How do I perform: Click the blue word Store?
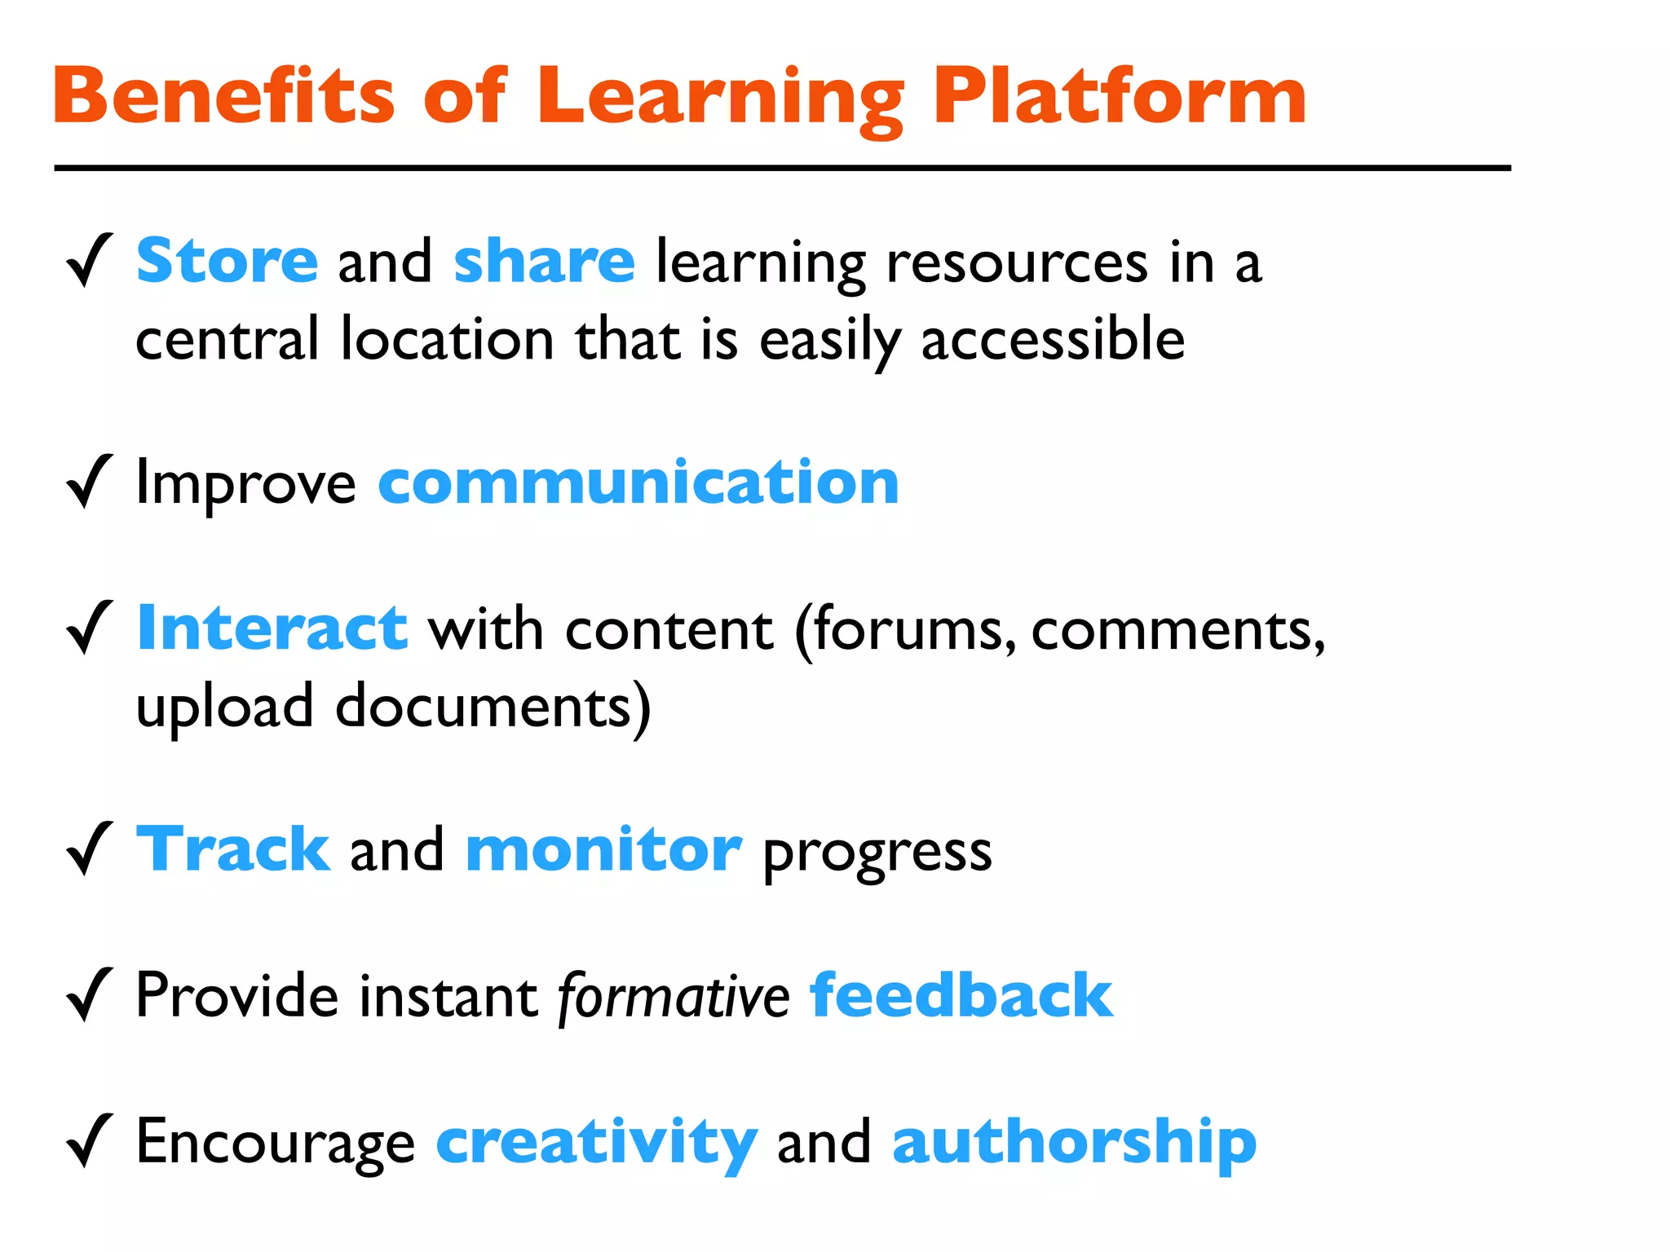(227, 262)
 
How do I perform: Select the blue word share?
(544, 262)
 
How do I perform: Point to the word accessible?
(1053, 339)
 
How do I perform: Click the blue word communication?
(638, 483)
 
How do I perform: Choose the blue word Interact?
(272, 628)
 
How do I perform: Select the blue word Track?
(233, 849)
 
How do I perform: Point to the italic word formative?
(674, 997)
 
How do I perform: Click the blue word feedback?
(961, 995)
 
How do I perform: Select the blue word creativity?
(597, 1143)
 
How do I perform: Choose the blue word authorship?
(1074, 1143)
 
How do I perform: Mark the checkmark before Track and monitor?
(89, 849)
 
